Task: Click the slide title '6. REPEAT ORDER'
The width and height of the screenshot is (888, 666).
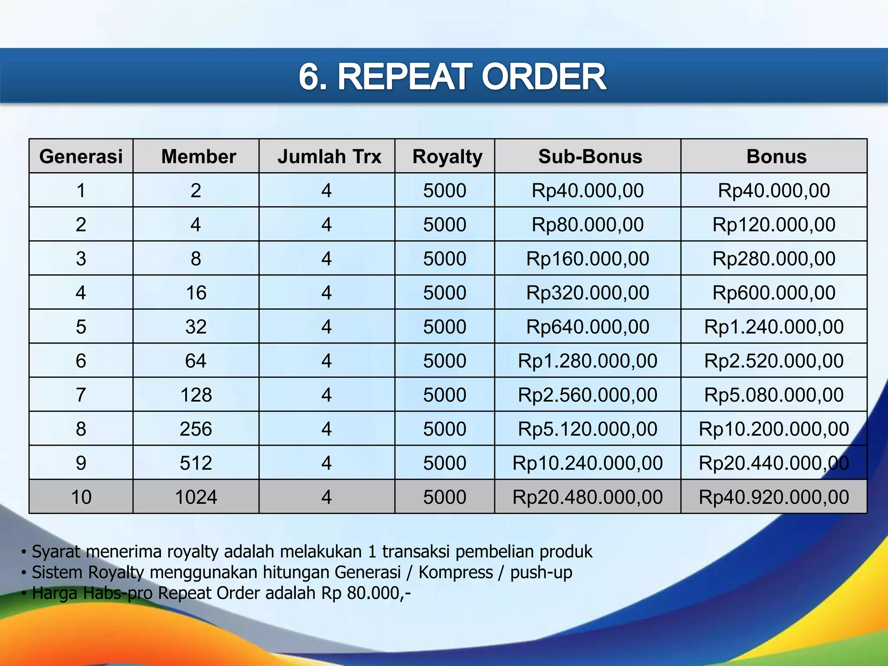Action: (452, 77)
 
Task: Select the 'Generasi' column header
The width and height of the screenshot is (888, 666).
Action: (81, 157)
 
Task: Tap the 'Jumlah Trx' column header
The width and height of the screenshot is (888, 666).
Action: (329, 157)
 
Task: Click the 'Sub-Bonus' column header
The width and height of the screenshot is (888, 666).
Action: (590, 157)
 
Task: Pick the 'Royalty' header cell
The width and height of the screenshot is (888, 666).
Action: (447, 157)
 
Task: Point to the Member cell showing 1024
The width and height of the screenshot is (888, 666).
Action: (196, 497)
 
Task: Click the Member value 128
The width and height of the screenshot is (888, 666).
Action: (196, 395)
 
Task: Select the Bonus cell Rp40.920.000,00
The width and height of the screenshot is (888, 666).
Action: (774, 497)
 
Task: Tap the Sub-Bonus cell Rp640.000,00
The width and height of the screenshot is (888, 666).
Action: (588, 327)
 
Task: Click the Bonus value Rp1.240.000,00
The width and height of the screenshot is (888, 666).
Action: (774, 327)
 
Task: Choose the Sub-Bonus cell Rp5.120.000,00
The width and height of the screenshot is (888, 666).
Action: (588, 429)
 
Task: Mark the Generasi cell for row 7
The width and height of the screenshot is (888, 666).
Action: (81, 395)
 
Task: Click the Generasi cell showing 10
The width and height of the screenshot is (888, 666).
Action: (81, 497)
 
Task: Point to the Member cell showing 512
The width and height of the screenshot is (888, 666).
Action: (196, 463)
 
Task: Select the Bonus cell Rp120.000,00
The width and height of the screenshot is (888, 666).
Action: (774, 225)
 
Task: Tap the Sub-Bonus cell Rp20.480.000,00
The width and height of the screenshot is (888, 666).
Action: (588, 497)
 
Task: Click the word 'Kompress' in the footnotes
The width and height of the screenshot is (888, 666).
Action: (455, 572)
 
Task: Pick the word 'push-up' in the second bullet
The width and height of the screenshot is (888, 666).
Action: (541, 572)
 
